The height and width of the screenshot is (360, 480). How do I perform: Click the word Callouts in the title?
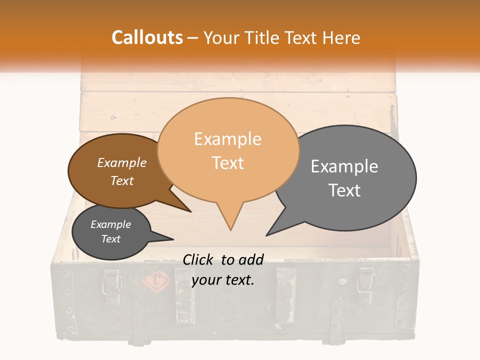click(x=147, y=37)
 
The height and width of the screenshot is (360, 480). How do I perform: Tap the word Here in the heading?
click(x=341, y=37)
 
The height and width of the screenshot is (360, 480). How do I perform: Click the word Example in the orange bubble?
click(x=227, y=139)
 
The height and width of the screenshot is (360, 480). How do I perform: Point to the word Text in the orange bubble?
click(x=228, y=163)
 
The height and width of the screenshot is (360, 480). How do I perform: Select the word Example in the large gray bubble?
click(x=344, y=166)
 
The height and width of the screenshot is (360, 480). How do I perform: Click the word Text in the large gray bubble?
click(x=344, y=190)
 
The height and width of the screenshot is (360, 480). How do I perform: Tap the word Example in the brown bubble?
click(x=122, y=163)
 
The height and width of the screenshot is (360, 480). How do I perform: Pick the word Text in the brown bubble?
click(x=122, y=180)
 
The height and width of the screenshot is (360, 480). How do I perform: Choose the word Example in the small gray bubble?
click(x=110, y=224)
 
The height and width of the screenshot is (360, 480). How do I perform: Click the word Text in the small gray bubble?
click(x=111, y=239)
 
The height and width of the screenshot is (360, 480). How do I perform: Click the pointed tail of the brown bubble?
click(x=190, y=211)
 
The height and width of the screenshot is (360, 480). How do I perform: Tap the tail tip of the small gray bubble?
click(x=173, y=238)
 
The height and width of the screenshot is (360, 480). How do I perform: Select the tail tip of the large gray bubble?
click(x=266, y=235)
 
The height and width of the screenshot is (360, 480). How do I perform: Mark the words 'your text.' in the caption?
click(x=223, y=280)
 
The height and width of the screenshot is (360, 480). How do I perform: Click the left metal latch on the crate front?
click(x=110, y=281)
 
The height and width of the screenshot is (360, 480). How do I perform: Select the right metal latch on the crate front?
click(x=366, y=280)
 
